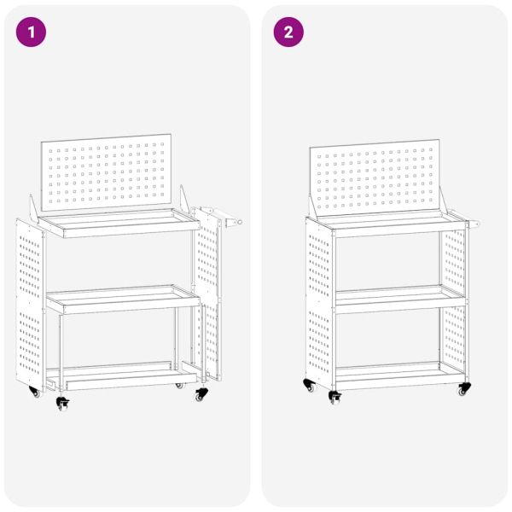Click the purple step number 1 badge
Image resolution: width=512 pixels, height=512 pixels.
(32, 32)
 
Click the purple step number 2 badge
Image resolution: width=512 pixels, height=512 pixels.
(288, 32)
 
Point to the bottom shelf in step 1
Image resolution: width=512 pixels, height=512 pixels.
(119, 376)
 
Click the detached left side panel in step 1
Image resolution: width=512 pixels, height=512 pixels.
(30, 303)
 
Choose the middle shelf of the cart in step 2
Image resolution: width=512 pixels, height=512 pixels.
(388, 295)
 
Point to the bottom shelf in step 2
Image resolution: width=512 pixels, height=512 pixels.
(388, 374)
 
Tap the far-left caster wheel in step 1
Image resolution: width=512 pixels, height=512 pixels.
(34, 393)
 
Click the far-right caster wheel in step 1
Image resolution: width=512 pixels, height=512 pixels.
(201, 394)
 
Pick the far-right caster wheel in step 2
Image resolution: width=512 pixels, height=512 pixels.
(464, 389)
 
